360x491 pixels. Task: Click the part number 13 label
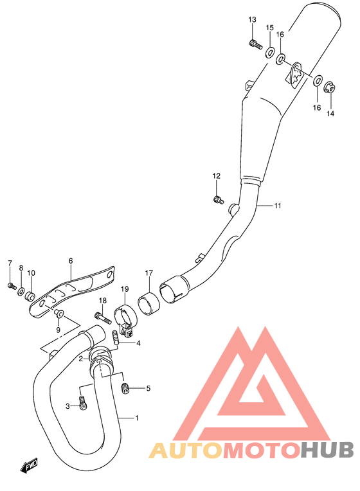pyautogui.click(x=252, y=20)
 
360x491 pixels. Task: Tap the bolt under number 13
pyautogui.click(x=253, y=44)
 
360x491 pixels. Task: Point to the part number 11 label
pyautogui.click(x=278, y=206)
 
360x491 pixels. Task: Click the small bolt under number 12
pyautogui.click(x=219, y=200)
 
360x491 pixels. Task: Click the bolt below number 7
pyautogui.click(x=12, y=285)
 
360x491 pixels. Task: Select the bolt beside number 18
pyautogui.click(x=98, y=316)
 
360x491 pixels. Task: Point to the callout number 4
pyautogui.click(x=138, y=343)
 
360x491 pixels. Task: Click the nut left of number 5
pyautogui.click(x=126, y=387)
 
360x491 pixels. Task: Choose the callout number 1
pyautogui.click(x=136, y=418)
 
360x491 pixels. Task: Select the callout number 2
pyautogui.click(x=80, y=359)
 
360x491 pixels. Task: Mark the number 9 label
pyautogui.click(x=57, y=330)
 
